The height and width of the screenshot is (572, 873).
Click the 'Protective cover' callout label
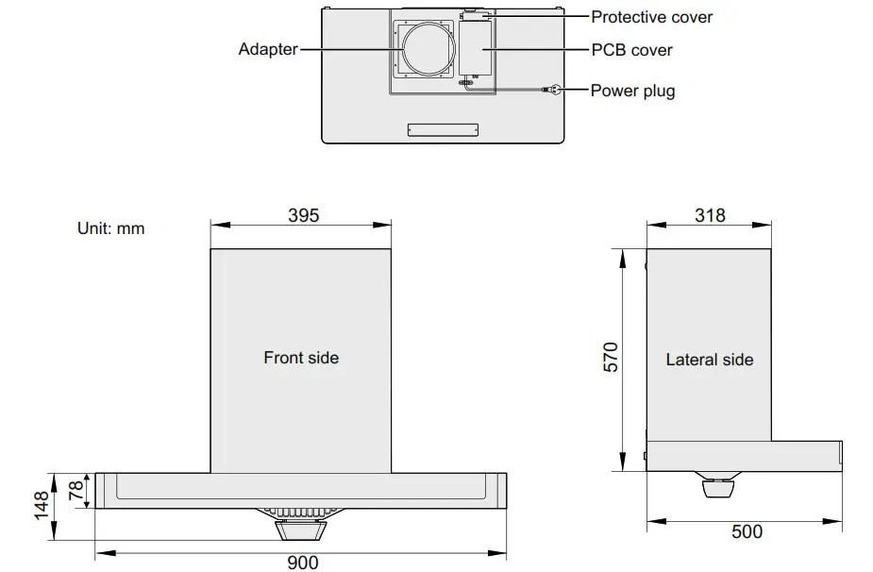point(651,17)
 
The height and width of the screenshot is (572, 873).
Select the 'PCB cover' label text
point(631,49)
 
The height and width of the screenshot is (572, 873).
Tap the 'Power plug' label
point(632,91)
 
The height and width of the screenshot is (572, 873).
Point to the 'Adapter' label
point(268,49)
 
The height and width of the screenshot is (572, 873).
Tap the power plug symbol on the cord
point(552,90)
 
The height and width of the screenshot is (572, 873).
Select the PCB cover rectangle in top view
point(477,49)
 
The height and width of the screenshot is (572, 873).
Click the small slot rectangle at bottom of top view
point(443,130)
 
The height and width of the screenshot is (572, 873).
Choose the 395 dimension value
point(303,215)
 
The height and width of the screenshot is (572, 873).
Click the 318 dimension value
point(710,215)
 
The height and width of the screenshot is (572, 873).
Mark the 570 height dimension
point(611,357)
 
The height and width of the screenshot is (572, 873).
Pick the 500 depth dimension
point(747,531)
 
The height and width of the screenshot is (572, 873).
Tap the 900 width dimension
point(302,563)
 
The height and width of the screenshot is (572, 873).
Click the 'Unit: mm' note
point(110,228)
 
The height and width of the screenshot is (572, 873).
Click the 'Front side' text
point(301,358)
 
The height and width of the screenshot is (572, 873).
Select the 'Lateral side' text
point(710,360)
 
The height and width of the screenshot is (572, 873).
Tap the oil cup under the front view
point(301,526)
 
